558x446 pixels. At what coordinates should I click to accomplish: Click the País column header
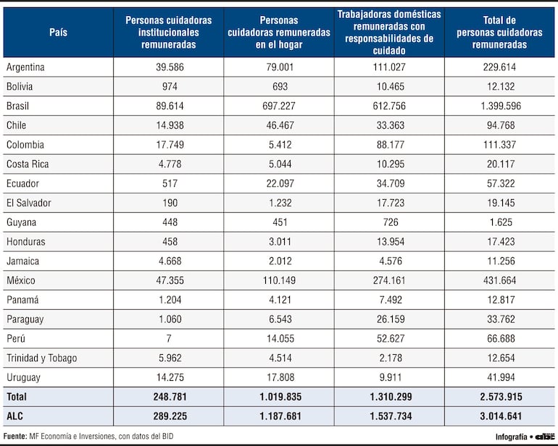click(59, 33)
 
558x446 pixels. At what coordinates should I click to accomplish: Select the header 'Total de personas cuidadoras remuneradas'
click(499, 33)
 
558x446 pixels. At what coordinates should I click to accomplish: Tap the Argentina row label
click(25, 67)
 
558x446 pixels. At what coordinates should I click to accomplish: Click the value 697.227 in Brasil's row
click(279, 106)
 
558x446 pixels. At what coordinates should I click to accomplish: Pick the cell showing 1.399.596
click(499, 106)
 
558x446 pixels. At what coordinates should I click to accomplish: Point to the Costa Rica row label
click(28, 164)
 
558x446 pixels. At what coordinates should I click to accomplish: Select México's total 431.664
click(499, 280)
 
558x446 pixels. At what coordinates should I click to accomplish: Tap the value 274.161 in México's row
click(389, 280)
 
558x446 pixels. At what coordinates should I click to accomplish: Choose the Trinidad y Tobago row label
click(41, 358)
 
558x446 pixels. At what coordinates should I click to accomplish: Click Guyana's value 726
click(389, 222)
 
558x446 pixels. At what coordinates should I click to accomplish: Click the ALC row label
click(15, 416)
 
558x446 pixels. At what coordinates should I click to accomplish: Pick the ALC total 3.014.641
click(499, 416)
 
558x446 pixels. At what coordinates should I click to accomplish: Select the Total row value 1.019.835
click(279, 397)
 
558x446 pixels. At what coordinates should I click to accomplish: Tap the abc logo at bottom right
click(544, 437)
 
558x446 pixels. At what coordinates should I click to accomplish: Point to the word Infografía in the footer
click(511, 437)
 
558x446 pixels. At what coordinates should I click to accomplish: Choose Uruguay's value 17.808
click(279, 377)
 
